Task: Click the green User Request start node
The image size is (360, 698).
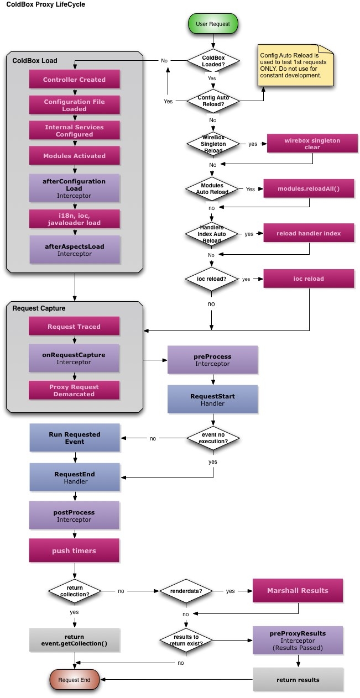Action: pos(213,24)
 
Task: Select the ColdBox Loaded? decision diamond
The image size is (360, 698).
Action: pos(213,60)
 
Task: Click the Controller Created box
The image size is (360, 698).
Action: pos(74,80)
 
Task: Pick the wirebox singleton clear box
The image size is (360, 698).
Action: pos(312,144)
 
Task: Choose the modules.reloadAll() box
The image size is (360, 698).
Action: pos(309,189)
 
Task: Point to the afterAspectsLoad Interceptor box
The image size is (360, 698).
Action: pos(74,250)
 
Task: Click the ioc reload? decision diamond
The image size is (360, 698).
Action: pos(213,279)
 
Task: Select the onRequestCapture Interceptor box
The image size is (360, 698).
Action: pos(74,358)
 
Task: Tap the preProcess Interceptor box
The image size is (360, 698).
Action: pos(213,360)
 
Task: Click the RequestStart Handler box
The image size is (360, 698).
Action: pos(213,400)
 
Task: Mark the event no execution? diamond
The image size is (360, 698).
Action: pos(213,438)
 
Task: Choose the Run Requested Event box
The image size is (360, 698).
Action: pos(74,438)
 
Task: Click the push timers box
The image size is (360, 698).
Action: pos(74,551)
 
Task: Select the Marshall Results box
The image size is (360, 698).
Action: pos(298,591)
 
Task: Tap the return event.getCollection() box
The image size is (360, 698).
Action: pos(74,641)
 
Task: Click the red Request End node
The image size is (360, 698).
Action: pos(74,680)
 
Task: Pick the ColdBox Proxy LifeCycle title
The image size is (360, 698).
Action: pos(46,4)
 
